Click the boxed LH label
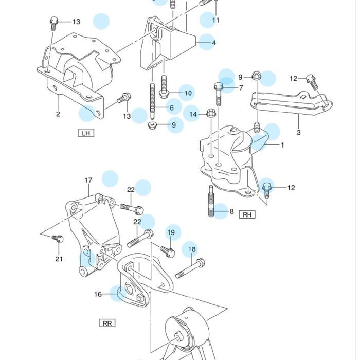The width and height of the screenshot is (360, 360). pyautogui.click(x=86, y=133)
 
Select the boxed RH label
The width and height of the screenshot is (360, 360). pyautogui.click(x=247, y=214)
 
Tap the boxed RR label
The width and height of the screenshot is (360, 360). pyautogui.click(x=107, y=323)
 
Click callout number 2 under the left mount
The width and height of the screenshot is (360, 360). pyautogui.click(x=58, y=114)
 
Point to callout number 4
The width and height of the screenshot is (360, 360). pyautogui.click(x=213, y=42)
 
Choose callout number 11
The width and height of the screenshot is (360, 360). pyautogui.click(x=215, y=20)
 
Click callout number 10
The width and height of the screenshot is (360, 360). pyautogui.click(x=188, y=93)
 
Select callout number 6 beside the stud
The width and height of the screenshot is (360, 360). pyautogui.click(x=172, y=108)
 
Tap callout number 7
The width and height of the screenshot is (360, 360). pyautogui.click(x=240, y=88)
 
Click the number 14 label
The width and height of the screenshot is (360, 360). pyautogui.click(x=193, y=114)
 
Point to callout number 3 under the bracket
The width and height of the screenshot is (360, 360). pyautogui.click(x=298, y=132)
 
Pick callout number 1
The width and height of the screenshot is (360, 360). pyautogui.click(x=282, y=145)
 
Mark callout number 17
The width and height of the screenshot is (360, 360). pyautogui.click(x=88, y=181)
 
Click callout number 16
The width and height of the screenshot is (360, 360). pyautogui.click(x=98, y=294)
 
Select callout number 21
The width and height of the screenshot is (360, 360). pyautogui.click(x=59, y=259)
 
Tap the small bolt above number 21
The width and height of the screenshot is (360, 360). pyautogui.click(x=58, y=239)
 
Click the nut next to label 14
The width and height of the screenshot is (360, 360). pyautogui.click(x=211, y=113)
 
